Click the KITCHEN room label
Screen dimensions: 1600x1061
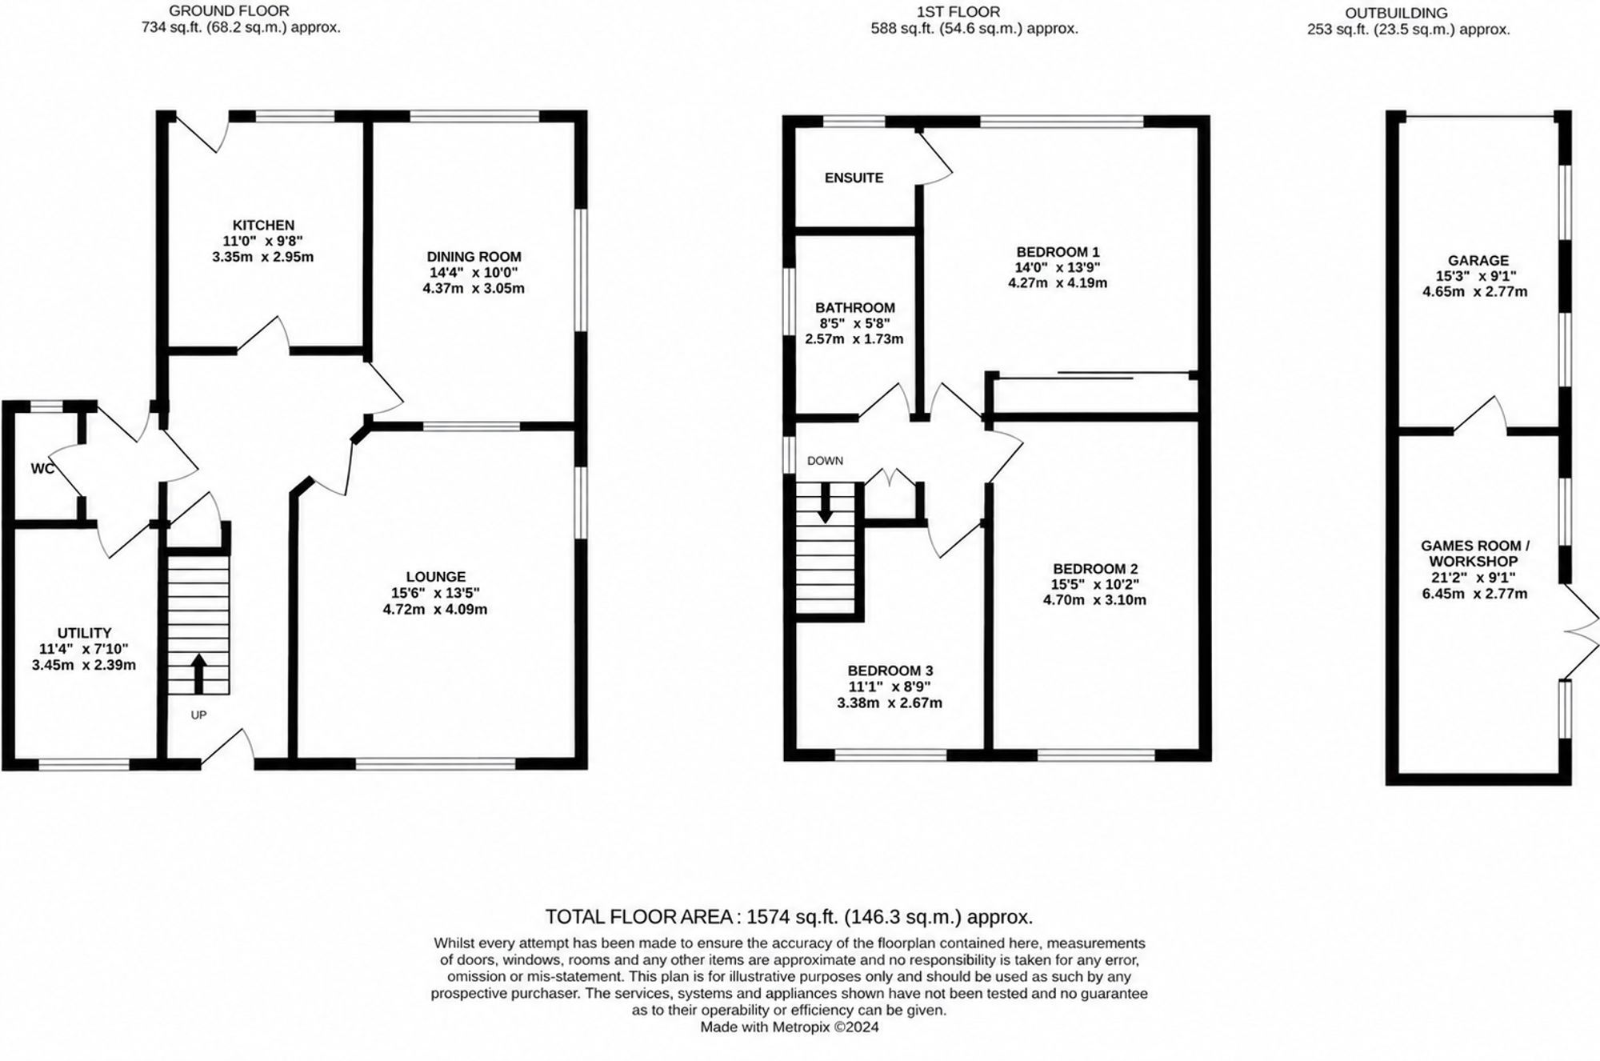coord(263,226)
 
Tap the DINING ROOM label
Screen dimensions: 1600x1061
coord(474,257)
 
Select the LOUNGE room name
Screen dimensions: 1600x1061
coord(435,577)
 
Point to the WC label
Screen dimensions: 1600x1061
coord(43,469)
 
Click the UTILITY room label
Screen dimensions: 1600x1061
coord(84,633)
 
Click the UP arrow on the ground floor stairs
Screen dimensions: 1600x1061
coord(198,673)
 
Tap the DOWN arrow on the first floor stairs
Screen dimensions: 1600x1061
coord(825,503)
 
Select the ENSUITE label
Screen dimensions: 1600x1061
coord(854,178)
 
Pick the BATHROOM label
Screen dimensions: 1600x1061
coord(854,308)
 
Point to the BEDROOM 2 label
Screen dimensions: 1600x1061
coord(1094,569)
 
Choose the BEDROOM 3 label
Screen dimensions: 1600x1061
coord(890,671)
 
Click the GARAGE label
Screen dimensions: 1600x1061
coord(1478,261)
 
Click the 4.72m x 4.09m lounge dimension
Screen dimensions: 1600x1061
coord(435,610)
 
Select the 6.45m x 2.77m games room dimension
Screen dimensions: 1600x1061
coord(1474,594)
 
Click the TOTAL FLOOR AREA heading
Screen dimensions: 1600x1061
coord(638,916)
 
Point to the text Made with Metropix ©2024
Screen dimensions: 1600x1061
coord(789,1027)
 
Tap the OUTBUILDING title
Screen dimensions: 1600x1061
coord(1407,13)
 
